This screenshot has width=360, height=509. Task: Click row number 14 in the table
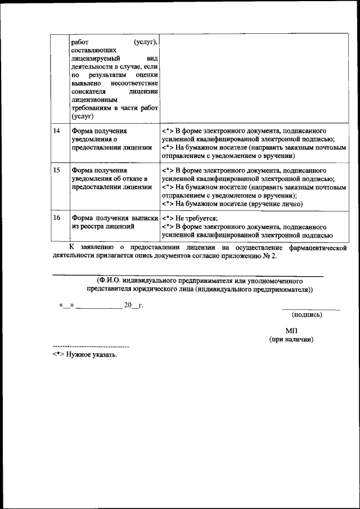pos(56,131)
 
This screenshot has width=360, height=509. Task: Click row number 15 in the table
pos(56,170)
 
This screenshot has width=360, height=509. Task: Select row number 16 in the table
pos(56,218)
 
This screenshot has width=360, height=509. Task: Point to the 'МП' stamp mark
pos(291,331)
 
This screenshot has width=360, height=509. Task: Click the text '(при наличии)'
pos(291,340)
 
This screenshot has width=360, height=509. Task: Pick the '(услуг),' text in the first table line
pos(146,42)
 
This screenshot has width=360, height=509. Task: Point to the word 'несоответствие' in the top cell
pos(134,83)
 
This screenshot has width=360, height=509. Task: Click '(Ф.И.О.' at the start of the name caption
pos(108,280)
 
